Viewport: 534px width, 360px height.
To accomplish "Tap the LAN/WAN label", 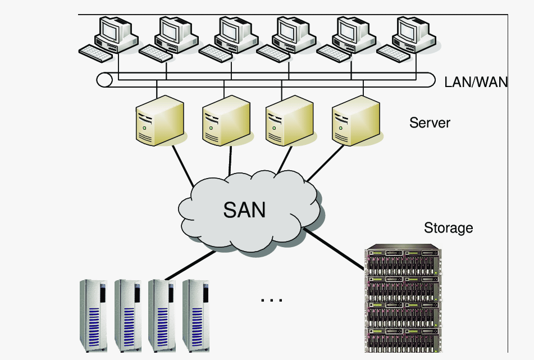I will point(476,82).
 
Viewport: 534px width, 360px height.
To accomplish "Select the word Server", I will point(430,122).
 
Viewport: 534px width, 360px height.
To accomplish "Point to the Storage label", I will point(448,228).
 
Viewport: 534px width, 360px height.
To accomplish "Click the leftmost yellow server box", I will point(160,121).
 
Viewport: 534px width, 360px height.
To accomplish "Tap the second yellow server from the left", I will point(225,121).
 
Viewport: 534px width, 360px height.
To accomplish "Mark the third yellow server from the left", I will point(288,121).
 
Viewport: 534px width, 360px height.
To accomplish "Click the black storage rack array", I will point(402,298).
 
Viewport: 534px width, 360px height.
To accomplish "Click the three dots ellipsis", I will point(271,300).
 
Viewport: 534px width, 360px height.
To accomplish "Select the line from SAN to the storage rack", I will point(335,248).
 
